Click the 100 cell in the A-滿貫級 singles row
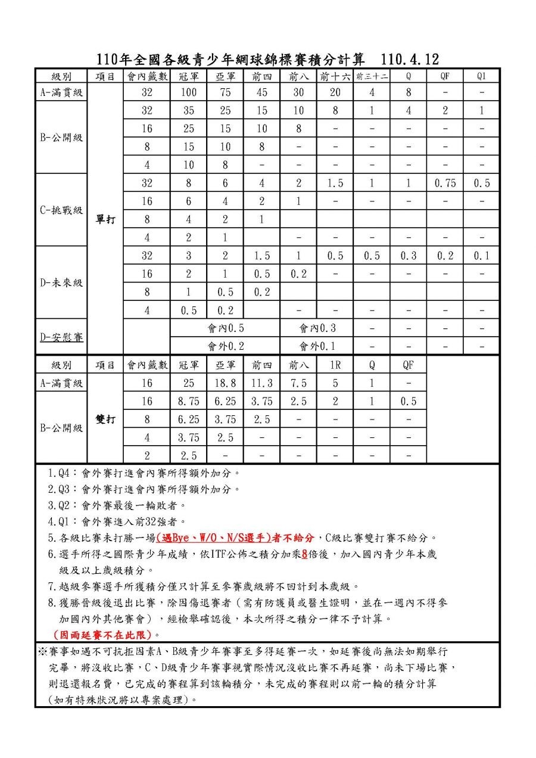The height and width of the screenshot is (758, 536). click(188, 92)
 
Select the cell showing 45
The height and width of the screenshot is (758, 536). click(261, 92)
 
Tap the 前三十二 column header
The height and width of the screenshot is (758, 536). click(372, 76)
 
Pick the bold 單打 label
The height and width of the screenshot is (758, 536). click(105, 219)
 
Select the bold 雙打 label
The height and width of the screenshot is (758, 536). click(105, 419)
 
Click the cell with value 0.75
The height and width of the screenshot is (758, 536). click(445, 183)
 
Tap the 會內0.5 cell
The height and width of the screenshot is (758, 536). click(225, 328)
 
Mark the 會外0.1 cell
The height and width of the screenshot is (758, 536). click(316, 346)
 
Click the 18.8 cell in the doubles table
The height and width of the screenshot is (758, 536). click(225, 383)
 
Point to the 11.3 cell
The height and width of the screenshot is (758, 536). click(261, 383)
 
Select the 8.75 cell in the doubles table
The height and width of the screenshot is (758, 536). click(188, 402)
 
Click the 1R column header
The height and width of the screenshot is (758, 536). click(335, 365)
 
